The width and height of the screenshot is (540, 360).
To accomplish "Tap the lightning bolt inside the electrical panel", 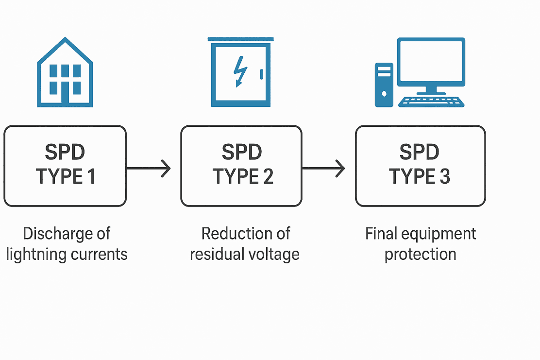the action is (240, 71).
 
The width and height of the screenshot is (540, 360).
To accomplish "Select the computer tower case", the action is (384, 85).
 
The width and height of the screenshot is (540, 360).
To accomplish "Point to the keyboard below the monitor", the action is (431, 102).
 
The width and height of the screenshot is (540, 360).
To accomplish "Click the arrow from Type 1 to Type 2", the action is (149, 169).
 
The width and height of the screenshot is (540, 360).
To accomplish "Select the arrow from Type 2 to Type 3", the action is (323, 169).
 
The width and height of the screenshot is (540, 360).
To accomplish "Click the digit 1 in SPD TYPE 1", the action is (91, 176).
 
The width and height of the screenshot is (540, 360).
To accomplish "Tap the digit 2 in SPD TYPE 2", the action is (268, 176).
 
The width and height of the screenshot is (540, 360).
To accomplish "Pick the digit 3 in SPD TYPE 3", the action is (445, 176).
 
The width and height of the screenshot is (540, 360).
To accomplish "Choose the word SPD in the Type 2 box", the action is (242, 152).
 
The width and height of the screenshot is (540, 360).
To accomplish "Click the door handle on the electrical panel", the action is (262, 74).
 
